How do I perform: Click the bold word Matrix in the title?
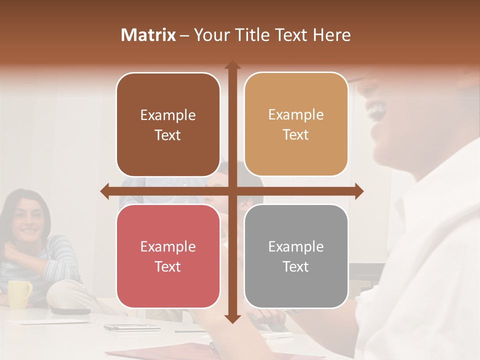[x=148, y=35]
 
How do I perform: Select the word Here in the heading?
[x=331, y=35]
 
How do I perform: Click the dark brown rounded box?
[x=168, y=124]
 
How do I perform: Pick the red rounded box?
[x=168, y=256]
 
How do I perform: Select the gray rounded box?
[x=296, y=256]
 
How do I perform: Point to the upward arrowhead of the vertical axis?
[x=232, y=65]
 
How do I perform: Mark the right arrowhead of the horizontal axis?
[x=359, y=191]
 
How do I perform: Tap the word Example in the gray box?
[x=296, y=246]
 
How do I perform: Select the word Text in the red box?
[x=168, y=266]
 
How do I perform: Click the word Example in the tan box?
[x=296, y=114]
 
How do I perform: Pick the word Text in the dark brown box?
[x=168, y=135]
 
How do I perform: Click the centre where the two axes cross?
[x=232, y=191]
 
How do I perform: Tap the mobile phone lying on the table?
[x=116, y=328]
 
